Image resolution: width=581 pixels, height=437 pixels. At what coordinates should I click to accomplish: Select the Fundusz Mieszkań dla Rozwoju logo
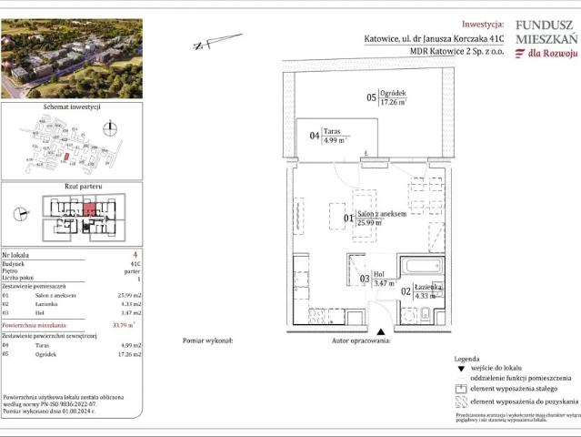546,39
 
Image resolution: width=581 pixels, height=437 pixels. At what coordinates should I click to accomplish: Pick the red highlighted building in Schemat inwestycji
65,156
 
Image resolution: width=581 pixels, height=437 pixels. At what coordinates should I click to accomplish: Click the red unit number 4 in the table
135,254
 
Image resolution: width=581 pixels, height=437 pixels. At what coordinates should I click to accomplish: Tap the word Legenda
466,360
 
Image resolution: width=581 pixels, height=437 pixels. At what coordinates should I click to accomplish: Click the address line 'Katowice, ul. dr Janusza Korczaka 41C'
427,39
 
